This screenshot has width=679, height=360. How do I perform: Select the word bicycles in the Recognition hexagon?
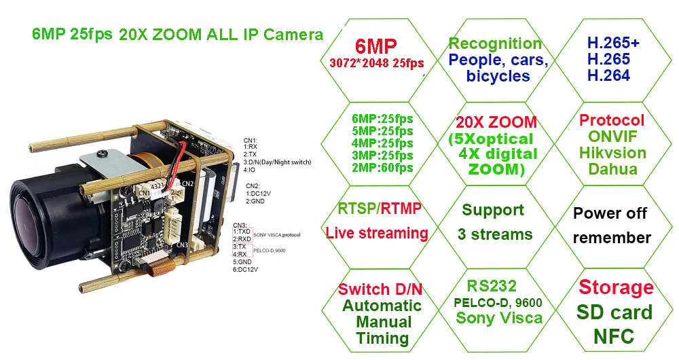[x=498, y=76]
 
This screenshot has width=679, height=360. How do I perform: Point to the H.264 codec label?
[x=608, y=75]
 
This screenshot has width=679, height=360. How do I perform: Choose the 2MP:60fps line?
[x=383, y=168]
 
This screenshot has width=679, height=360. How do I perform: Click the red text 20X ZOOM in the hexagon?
[x=496, y=123]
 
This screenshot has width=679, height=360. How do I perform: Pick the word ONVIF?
[x=612, y=136]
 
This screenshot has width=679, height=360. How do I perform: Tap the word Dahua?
[x=612, y=168]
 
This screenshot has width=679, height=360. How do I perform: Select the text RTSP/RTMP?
[x=379, y=208]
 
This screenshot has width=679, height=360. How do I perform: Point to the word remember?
[x=612, y=238]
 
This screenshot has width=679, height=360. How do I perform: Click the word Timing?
[x=382, y=338]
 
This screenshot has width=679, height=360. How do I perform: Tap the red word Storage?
[x=616, y=287]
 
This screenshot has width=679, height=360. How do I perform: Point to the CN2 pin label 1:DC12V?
[x=259, y=193]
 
